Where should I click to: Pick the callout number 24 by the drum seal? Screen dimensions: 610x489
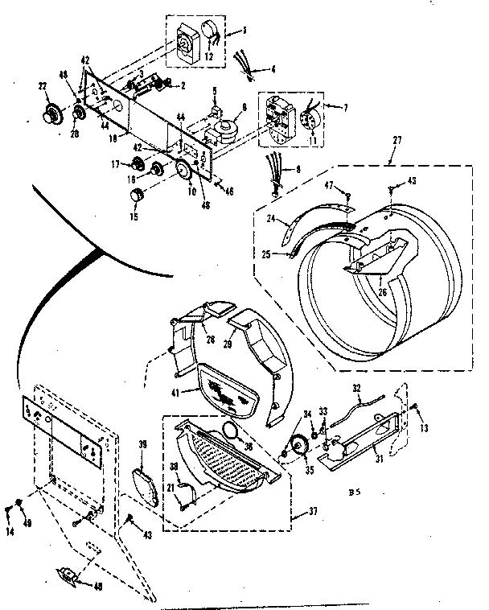271,218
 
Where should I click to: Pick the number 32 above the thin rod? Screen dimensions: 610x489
356,388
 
